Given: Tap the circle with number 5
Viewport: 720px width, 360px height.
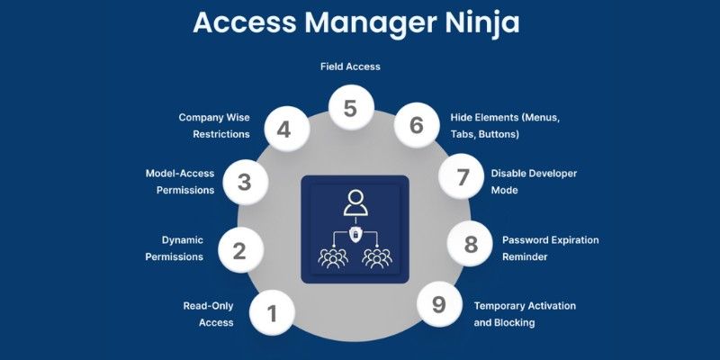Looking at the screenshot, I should tap(350, 110).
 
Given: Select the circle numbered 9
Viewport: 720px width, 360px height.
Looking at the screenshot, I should tap(438, 304).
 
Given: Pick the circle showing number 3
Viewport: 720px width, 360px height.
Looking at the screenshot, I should tap(244, 181).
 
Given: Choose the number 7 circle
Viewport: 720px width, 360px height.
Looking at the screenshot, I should tap(463, 177).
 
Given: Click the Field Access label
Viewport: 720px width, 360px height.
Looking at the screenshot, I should tap(350, 67).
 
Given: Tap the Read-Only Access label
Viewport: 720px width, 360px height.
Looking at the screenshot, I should tap(208, 313).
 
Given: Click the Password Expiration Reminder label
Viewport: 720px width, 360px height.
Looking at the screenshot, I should tap(550, 248).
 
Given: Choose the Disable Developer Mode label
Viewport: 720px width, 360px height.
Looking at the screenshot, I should tap(534, 181).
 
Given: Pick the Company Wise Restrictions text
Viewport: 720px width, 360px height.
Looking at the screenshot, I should tap(214, 125).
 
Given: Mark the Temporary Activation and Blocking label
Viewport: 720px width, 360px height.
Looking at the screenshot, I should tap(525, 313).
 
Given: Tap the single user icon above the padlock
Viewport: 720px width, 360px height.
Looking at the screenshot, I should tap(355, 203).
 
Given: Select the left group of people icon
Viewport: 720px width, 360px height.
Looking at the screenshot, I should tap(332, 258).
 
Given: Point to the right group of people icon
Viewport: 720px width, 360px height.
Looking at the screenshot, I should tap(377, 258).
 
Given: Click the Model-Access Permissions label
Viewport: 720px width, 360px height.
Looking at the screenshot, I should tap(180, 181).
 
